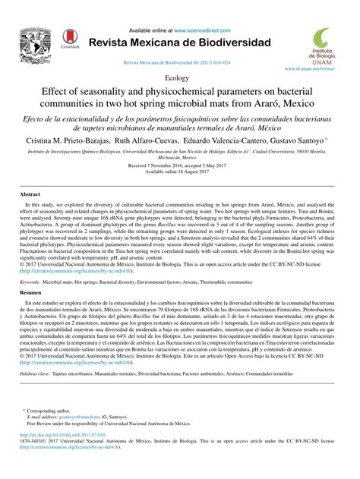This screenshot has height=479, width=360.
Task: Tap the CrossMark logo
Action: (69, 39)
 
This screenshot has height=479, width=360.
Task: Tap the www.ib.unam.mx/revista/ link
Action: (311, 68)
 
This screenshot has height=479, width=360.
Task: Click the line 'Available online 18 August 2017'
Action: (179, 171)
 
